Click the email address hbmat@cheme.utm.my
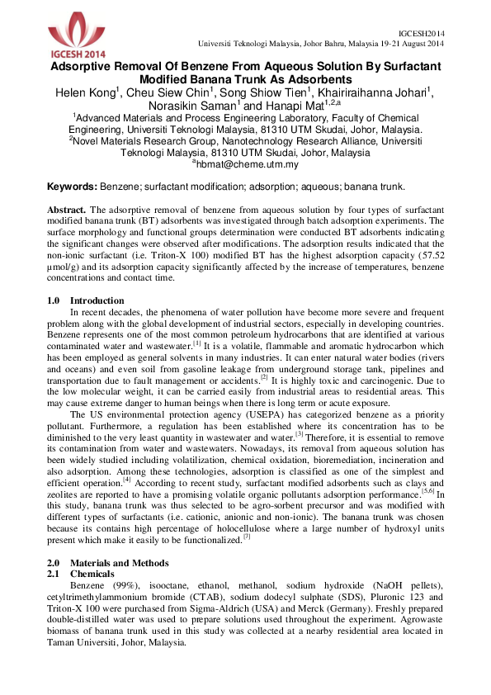[x=247, y=164]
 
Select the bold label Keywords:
[x=72, y=187]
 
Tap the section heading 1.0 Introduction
[x=85, y=300]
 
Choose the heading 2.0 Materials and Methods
[x=107, y=563]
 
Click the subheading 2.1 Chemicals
[x=83, y=573]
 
